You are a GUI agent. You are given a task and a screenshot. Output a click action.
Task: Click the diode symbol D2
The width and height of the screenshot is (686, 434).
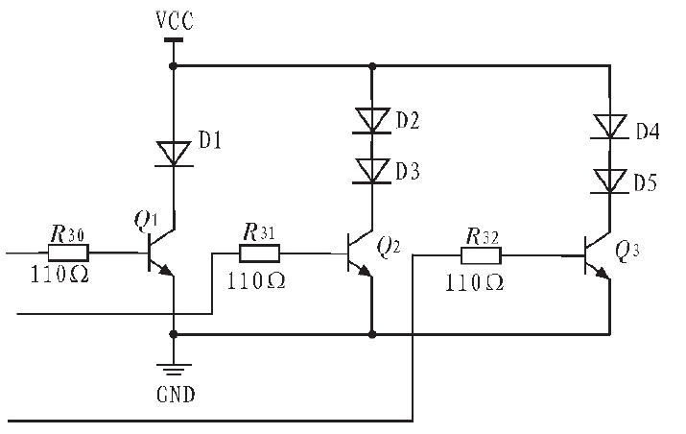click(371, 120)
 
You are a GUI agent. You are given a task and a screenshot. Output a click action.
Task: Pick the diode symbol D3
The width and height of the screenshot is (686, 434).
click(371, 171)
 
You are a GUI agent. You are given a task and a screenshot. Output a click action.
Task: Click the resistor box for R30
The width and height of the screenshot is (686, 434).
click(68, 253)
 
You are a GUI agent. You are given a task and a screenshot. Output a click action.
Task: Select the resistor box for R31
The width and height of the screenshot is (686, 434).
click(260, 253)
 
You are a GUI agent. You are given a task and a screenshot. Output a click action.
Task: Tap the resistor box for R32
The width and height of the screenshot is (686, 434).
click(481, 255)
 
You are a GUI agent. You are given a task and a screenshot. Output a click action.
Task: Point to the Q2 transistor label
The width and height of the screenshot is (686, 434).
click(390, 248)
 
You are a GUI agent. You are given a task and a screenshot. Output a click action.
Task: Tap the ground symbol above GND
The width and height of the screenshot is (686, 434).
click(173, 370)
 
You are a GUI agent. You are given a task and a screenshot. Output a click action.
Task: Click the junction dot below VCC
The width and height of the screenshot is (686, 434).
click(173, 66)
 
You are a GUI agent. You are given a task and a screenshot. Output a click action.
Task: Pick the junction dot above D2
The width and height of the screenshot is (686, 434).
click(371, 66)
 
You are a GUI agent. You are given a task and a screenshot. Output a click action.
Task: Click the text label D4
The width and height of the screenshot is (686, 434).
click(648, 131)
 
